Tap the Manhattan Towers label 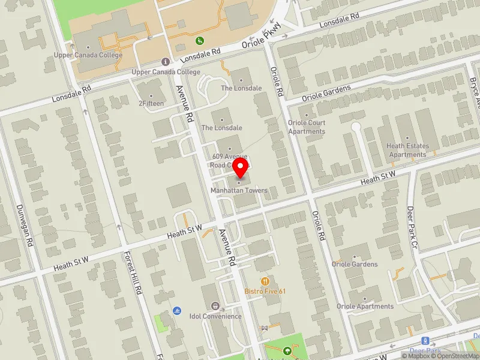coord(239,191)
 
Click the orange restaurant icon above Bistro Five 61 coord(265,281)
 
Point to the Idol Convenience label coord(215,316)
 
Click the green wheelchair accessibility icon coord(200,41)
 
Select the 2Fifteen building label coord(151,103)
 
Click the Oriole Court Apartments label coord(307,127)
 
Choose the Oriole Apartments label coord(366,306)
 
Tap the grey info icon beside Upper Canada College coord(165,62)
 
